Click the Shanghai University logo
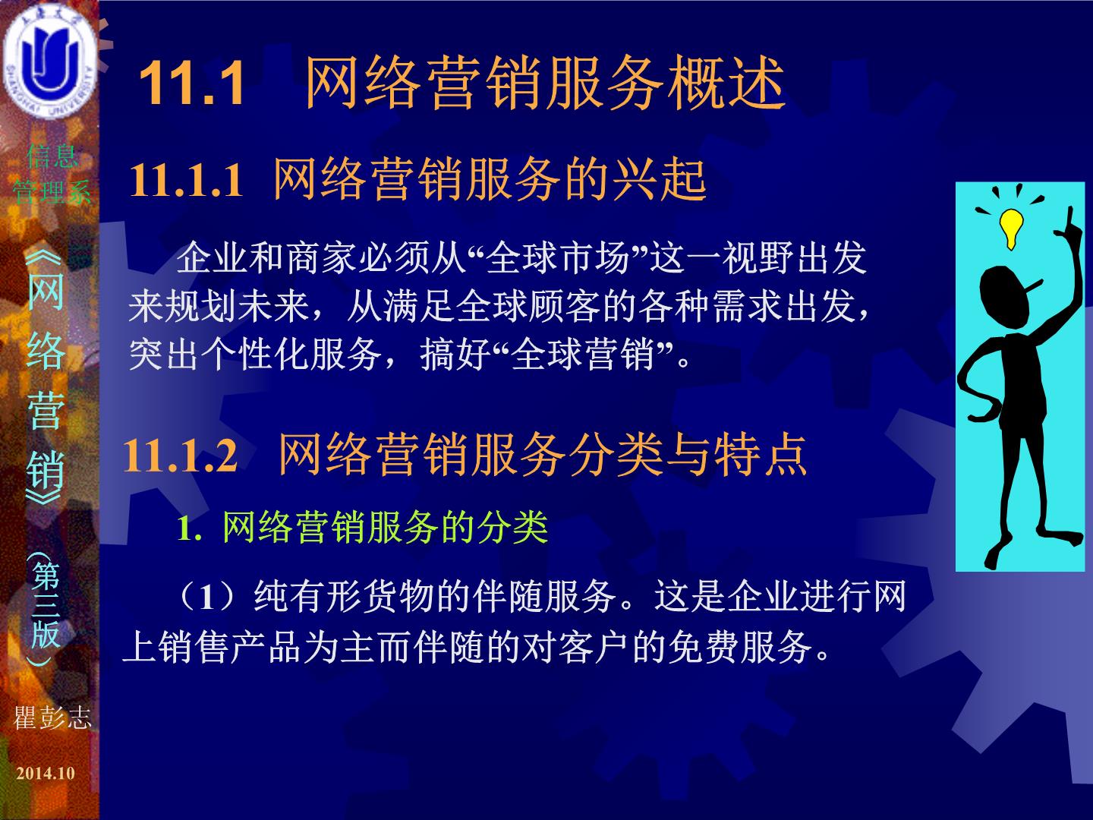click(49, 61)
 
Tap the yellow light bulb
click(1011, 229)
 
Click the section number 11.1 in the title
click(191, 83)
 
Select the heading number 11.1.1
click(186, 180)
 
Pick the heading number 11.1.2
click(180, 455)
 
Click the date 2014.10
click(46, 773)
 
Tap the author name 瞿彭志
click(52, 717)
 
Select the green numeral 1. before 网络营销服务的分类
click(190, 528)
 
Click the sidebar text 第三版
click(46, 605)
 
